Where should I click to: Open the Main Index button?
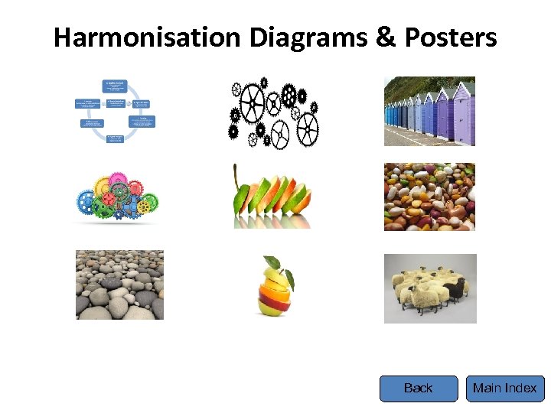pos(505,389)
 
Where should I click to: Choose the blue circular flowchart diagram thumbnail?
pos(115,112)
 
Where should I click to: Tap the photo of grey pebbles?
pos(119,285)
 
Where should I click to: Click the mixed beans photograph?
pos(429,197)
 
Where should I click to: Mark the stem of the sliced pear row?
pos(236,171)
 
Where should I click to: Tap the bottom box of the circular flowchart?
pos(116,138)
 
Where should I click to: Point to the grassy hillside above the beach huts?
pos(406,86)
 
